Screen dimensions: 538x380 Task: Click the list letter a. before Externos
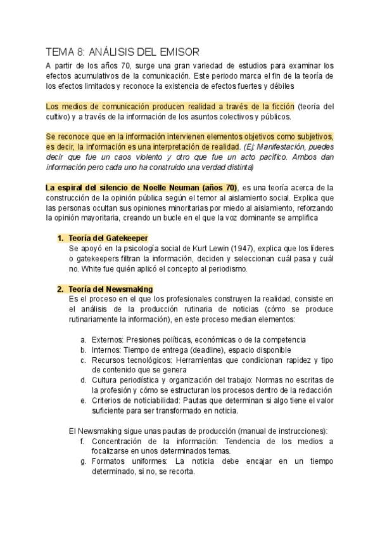(84, 339)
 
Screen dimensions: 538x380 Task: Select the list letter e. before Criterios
(84, 400)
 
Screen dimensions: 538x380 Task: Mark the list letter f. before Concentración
(84, 441)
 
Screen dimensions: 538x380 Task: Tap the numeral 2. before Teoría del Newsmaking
(60, 289)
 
